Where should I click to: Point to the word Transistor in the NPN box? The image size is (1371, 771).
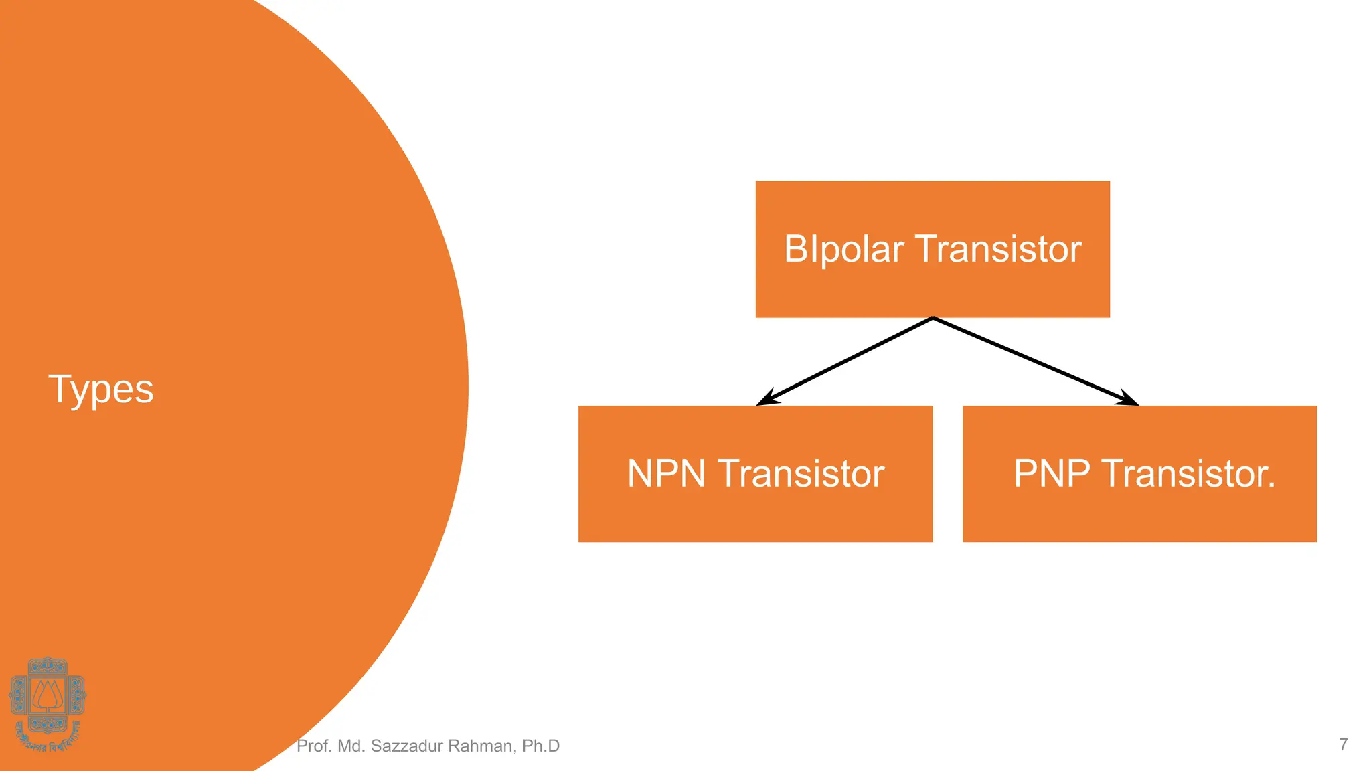click(801, 474)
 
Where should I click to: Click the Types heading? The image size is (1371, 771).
click(101, 390)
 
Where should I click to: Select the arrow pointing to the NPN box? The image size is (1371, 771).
click(845, 361)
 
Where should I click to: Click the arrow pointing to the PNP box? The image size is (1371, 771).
click(1035, 361)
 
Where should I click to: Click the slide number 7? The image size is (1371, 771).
click(1343, 744)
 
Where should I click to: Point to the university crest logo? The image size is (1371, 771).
click(47, 696)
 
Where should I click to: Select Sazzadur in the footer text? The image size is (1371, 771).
click(402, 746)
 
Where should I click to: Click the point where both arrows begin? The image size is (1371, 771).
click(933, 319)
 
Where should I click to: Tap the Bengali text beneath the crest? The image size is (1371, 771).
click(47, 740)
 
